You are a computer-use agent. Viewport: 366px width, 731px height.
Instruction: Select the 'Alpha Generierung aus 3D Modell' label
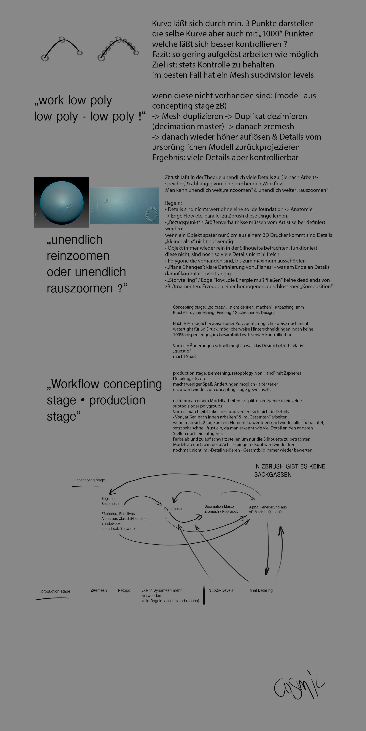click(268, 509)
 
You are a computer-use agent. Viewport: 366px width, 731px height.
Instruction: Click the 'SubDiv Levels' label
click(221, 590)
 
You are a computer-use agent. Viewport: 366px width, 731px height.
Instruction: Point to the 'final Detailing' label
click(261, 590)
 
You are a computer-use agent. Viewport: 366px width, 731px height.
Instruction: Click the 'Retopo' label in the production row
click(124, 590)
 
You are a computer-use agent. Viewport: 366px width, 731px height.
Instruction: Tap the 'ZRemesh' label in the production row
click(99, 590)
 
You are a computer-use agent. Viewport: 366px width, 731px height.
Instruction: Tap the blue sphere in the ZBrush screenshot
click(62, 203)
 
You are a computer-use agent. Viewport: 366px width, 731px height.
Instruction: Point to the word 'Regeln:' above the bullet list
click(173, 203)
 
